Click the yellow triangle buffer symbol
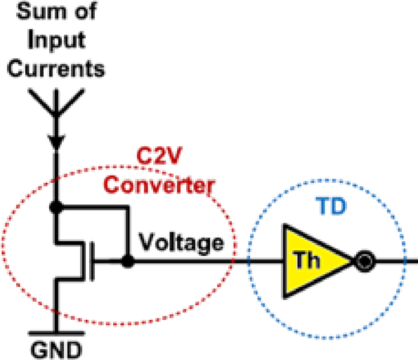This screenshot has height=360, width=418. pos(313,262)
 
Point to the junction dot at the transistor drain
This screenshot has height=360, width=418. pos(53,208)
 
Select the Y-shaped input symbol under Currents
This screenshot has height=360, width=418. pos(53,105)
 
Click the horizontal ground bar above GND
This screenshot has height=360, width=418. pos(53,330)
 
